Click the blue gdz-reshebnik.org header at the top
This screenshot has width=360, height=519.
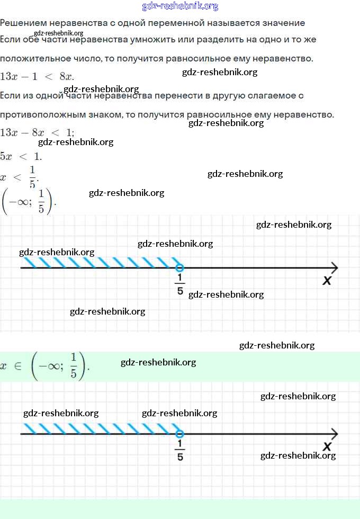180,6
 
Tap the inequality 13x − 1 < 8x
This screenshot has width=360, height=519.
37,76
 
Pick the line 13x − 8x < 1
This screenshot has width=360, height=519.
37,132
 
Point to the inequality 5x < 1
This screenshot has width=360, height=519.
21,156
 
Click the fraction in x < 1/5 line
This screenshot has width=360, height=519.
32,176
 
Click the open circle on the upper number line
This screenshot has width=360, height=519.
179,267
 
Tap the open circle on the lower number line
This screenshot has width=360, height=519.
179,434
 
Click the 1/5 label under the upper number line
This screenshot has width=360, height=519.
180,285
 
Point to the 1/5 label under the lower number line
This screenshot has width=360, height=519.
180,451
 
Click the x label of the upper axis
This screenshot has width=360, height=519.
327,281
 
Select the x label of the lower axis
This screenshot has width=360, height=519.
327,446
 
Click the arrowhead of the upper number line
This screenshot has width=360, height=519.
334,267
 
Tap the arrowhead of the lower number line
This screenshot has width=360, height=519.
334,434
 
